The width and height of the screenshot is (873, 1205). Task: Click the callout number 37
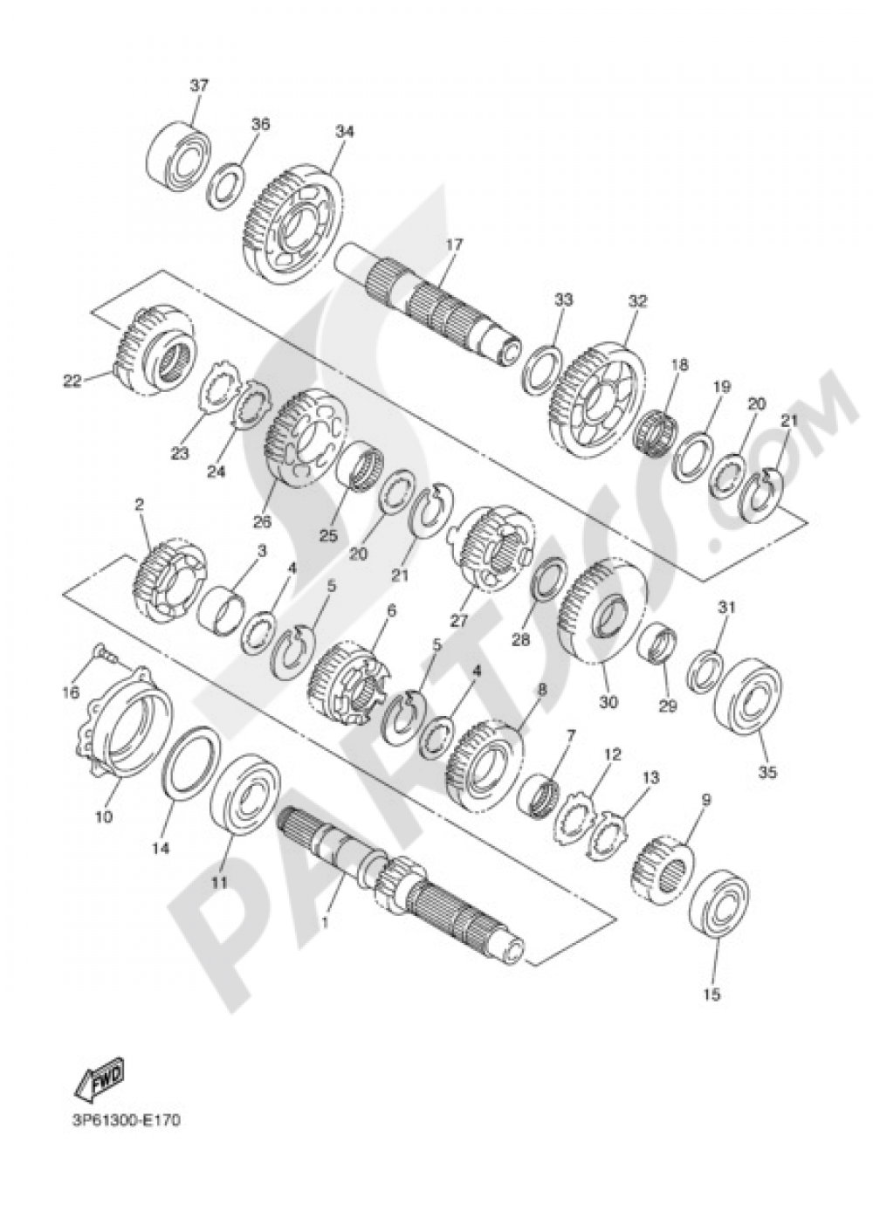[200, 86]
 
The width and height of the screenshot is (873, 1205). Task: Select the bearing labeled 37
[183, 155]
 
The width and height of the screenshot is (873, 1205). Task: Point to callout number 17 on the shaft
[451, 245]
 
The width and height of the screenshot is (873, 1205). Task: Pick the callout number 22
[72, 380]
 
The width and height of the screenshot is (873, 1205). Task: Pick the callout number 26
[262, 522]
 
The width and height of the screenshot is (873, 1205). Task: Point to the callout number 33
[563, 300]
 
